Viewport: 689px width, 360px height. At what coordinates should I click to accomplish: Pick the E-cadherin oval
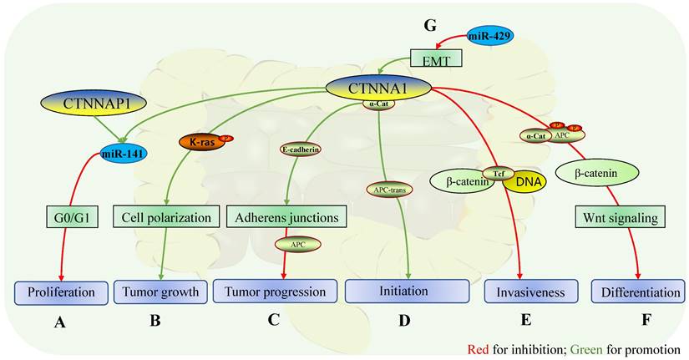(301, 150)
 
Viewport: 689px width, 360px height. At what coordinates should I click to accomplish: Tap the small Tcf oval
(498, 173)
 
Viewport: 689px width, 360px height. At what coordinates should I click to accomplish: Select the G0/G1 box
(71, 219)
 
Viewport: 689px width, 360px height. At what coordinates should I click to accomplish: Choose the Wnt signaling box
(618, 219)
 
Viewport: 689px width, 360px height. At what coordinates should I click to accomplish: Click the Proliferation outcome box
(61, 292)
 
